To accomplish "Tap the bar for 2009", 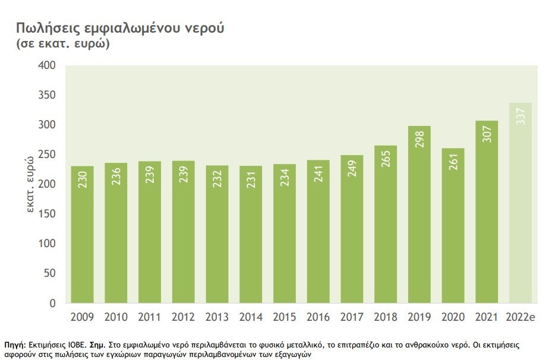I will [82, 238].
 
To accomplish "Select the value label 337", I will [521, 116].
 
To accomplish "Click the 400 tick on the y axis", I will [47, 65].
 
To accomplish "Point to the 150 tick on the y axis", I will [47, 214].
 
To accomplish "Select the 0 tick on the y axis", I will [52, 303].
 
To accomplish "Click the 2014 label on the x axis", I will [251, 317].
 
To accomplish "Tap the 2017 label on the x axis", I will [352, 317].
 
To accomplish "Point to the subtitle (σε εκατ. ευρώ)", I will [63, 45].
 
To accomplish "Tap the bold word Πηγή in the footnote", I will [14, 345].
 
